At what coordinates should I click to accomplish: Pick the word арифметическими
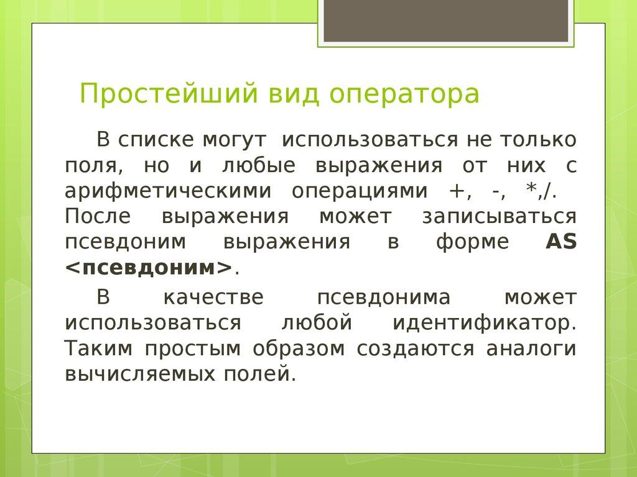click(x=167, y=191)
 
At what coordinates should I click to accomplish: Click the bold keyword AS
click(x=561, y=242)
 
